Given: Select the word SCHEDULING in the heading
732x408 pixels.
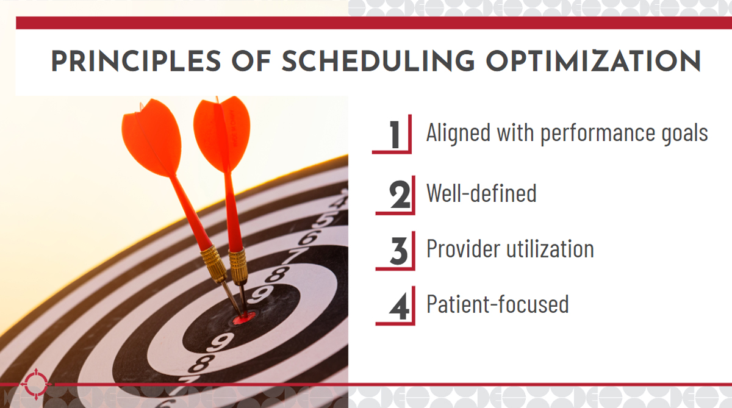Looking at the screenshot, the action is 378,61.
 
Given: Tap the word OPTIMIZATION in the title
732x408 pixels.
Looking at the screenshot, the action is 594,61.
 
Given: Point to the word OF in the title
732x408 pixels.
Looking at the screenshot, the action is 251,61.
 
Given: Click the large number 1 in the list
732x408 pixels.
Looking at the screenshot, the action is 395,134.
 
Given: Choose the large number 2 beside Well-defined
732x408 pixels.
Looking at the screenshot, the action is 400,195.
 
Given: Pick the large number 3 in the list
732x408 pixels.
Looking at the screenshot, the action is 399,251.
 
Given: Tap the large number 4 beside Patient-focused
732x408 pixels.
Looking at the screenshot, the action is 399,306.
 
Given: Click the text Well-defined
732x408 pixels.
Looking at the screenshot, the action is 481,193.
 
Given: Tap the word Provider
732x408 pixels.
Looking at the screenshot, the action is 463,249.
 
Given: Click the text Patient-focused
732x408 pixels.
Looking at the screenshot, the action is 498,304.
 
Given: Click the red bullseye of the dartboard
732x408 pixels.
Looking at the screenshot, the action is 244,318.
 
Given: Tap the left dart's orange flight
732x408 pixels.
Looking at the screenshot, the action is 151,138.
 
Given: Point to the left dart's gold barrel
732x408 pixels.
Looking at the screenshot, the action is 213,264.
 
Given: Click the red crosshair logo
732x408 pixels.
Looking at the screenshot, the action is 36,384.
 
